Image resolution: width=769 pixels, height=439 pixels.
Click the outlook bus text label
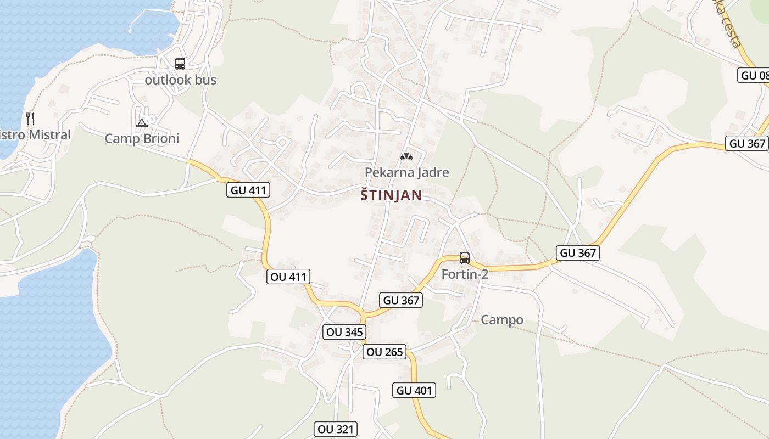[x=180, y=80]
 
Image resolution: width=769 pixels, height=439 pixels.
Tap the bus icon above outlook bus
[x=180, y=64]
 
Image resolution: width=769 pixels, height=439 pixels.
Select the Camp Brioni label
[x=142, y=138]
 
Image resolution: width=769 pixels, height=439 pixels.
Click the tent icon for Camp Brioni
[x=142, y=123]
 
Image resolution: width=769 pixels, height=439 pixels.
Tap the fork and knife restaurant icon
[x=31, y=118]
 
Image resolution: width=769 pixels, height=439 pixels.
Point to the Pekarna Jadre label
[x=406, y=172]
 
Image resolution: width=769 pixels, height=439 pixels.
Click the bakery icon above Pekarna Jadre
[x=406, y=157]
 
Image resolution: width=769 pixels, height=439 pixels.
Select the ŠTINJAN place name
[x=391, y=195]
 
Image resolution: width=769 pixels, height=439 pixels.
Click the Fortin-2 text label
[x=465, y=274]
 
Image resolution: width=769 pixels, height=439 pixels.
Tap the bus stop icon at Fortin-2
[x=465, y=257]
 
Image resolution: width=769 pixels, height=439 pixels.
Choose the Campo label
[x=502, y=320]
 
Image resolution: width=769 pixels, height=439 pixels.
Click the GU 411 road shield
[x=248, y=190]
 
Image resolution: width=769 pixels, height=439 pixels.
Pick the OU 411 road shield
[x=288, y=277]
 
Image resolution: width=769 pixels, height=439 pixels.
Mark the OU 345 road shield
[x=344, y=331]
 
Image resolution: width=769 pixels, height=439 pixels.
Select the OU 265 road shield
[x=384, y=352]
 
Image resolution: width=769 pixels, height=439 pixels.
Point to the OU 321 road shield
[x=336, y=429]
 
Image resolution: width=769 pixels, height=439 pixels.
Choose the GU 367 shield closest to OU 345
[x=401, y=300]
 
